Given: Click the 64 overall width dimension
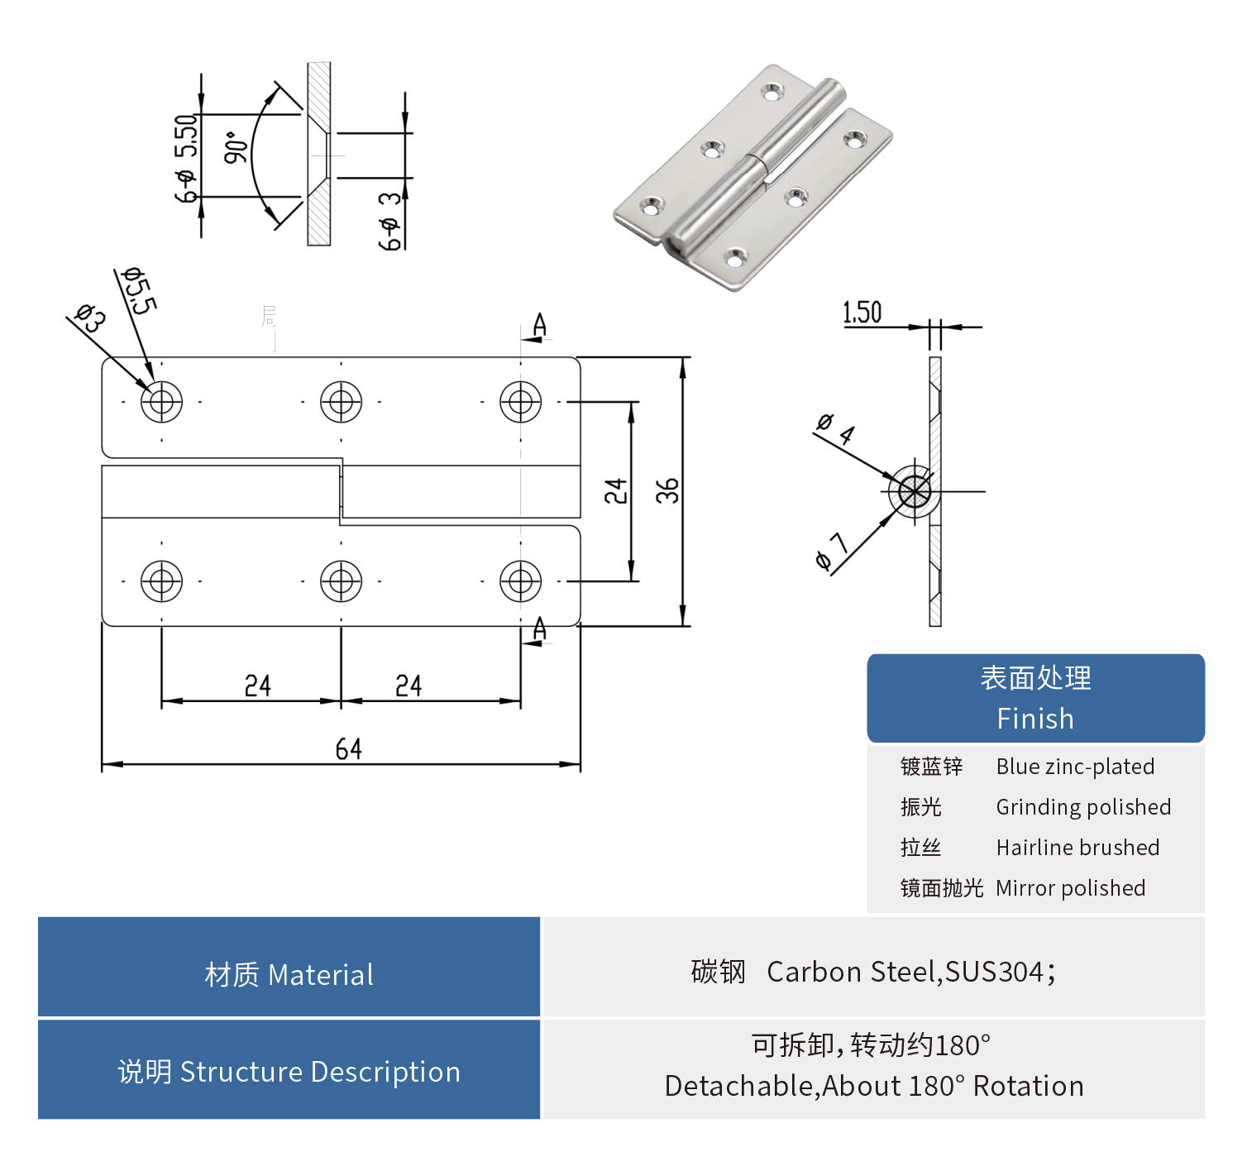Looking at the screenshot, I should click(348, 749).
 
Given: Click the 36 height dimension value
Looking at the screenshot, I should click(667, 490).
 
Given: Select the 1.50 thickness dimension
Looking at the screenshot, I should click(862, 313).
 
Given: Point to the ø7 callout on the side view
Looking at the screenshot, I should click(831, 552).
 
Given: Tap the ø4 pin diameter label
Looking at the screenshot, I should click(835, 428).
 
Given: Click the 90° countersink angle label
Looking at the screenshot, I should click(236, 147).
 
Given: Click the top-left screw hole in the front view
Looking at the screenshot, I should click(161, 402).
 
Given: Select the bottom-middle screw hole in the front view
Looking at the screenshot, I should click(341, 581).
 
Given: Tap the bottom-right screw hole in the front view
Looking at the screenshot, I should click(520, 581).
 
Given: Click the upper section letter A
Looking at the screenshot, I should click(539, 325).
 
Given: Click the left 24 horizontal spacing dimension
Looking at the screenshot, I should click(257, 686).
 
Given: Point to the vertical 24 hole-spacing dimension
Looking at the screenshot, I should click(615, 490).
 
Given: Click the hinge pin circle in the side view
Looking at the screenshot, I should click(914, 491).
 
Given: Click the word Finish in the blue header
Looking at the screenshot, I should click(1034, 719).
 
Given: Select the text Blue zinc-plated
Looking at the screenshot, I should click(1074, 767).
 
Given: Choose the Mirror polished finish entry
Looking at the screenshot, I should click(1070, 888).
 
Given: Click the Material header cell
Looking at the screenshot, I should click(289, 974).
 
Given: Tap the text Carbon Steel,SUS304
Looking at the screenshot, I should click(910, 972).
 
